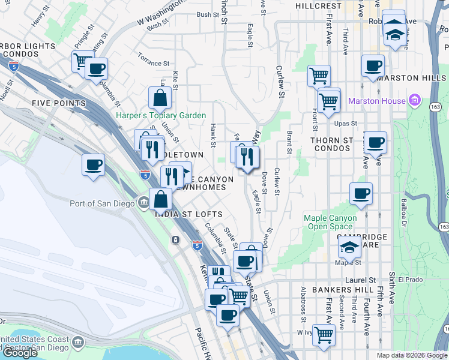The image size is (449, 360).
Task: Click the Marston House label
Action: tap(377, 101)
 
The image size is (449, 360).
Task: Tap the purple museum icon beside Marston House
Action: tap(414, 100)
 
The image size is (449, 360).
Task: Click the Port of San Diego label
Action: tap(102, 203)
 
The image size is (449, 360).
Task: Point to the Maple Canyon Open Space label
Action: tap(330, 222)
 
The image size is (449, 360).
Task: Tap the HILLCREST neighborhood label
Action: tap(319, 5)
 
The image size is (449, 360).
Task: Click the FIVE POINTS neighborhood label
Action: tap(43, 103)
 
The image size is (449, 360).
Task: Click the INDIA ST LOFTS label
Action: tap(189, 214)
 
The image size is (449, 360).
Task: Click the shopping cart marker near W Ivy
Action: tap(324, 334)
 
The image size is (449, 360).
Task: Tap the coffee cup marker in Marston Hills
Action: tap(373, 65)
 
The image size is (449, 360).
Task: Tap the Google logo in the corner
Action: tap(20, 353)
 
